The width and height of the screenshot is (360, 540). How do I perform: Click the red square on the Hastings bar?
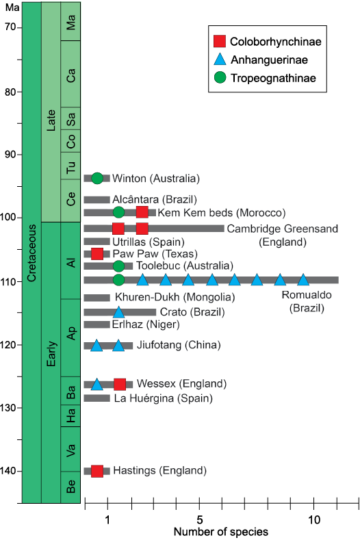pyautogui.click(x=97, y=471)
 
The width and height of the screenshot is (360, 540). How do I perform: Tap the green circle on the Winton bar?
pyautogui.click(x=97, y=178)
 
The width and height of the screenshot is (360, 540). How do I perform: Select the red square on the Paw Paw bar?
pyautogui.click(x=97, y=254)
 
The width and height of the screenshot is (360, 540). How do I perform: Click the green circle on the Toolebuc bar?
pyautogui.click(x=118, y=266)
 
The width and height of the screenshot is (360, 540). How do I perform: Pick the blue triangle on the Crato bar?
pyautogui.click(x=118, y=312)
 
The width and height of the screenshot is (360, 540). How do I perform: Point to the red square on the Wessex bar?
pyautogui.click(x=120, y=385)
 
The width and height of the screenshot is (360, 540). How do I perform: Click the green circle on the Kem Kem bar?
pyautogui.click(x=118, y=212)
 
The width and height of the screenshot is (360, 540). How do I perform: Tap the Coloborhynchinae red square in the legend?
pyautogui.click(x=220, y=41)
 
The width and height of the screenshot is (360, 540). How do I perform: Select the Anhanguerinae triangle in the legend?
pyautogui.click(x=220, y=60)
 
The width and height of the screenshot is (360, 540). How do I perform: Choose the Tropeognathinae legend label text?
pyautogui.click(x=273, y=78)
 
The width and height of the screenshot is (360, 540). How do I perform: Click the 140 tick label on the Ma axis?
pyautogui.click(x=12, y=471)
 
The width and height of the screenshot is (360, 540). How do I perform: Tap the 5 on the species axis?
pyautogui.click(x=199, y=519)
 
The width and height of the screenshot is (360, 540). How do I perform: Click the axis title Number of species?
pyautogui.click(x=221, y=532)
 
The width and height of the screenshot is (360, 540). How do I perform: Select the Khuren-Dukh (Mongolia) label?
pyautogui.click(x=175, y=297)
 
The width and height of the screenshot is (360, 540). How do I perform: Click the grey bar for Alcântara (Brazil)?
pyautogui.click(x=97, y=199)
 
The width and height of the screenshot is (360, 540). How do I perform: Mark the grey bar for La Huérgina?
pyautogui.click(x=97, y=398)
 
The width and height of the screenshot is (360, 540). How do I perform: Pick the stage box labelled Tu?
pyautogui.click(x=70, y=166)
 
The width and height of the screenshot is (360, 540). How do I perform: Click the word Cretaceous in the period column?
pyautogui.click(x=31, y=253)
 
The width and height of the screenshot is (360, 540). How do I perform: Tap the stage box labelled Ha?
pyautogui.click(x=70, y=415)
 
